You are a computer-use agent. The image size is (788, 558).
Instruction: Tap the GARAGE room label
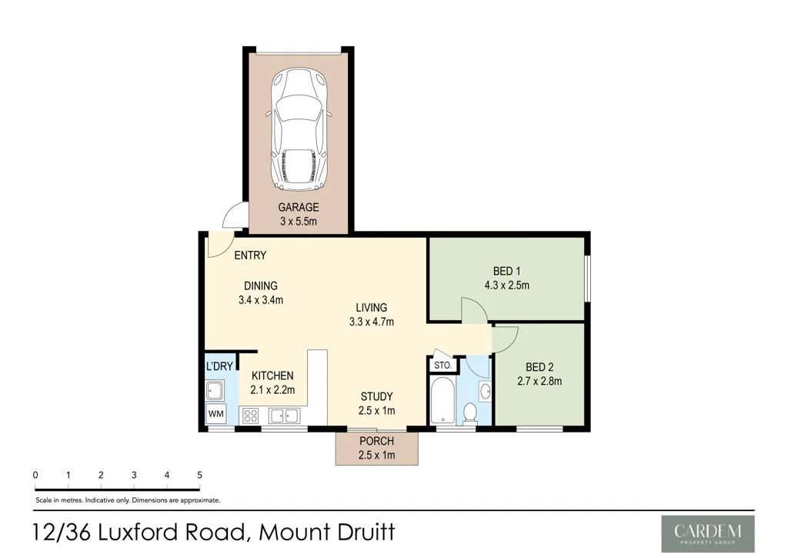(298, 208)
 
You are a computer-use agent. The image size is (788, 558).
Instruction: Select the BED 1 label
(507, 271)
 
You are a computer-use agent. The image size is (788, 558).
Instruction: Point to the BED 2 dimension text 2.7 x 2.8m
(539, 381)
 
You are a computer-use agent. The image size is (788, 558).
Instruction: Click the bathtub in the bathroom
(442, 400)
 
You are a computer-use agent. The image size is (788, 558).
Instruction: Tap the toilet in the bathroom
(469, 413)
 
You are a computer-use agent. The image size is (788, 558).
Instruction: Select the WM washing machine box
(215, 414)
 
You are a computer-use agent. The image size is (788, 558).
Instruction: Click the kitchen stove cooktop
(250, 416)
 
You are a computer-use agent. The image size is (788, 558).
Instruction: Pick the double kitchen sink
(284, 416)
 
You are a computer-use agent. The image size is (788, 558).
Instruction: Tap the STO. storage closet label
(442, 365)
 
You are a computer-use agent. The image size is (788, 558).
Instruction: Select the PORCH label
(376, 442)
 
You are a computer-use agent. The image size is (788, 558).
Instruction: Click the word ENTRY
(250, 256)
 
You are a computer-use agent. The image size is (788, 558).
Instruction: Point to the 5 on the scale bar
(199, 475)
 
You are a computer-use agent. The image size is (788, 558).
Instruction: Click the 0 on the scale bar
(35, 475)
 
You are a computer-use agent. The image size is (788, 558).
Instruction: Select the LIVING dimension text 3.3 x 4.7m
(371, 322)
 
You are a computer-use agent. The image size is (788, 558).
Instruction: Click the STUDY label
(376, 397)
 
